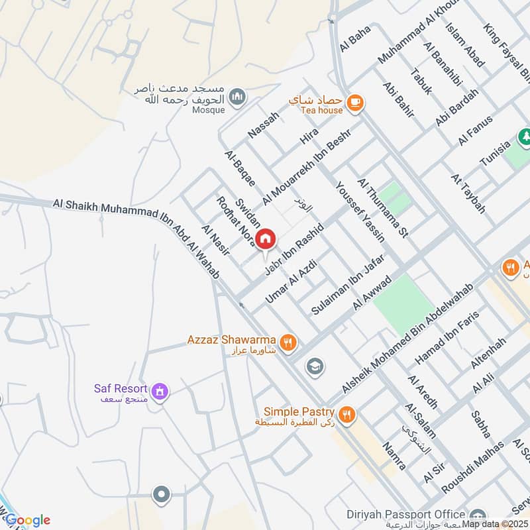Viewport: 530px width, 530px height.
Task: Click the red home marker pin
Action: click(265, 238)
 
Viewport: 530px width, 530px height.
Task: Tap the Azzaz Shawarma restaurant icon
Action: click(288, 342)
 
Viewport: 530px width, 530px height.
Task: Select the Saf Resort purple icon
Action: click(160, 392)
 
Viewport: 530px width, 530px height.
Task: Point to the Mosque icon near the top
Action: click(238, 98)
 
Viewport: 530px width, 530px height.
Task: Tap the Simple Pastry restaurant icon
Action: click(346, 415)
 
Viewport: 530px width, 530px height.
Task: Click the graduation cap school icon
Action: click(314, 366)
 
